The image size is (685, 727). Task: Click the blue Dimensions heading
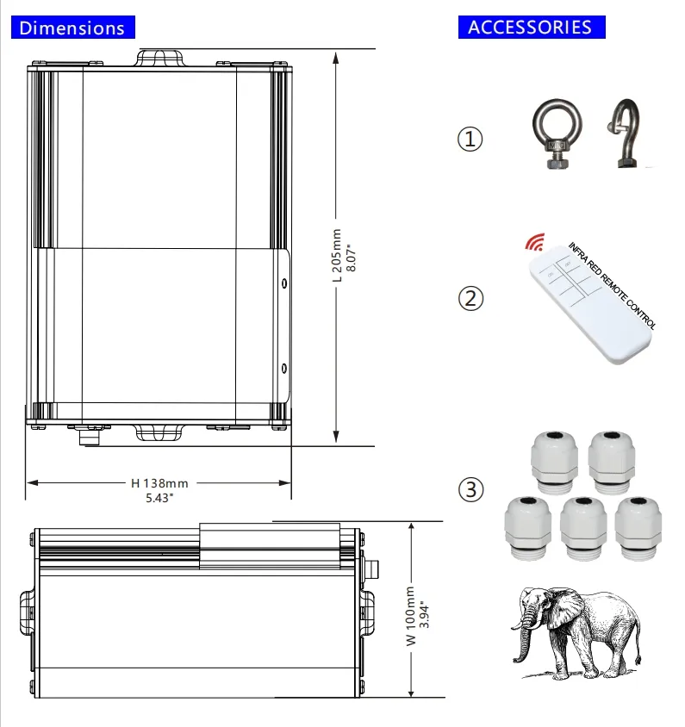tap(73, 28)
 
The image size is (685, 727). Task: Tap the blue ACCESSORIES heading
tap(532, 27)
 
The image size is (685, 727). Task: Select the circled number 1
tap(470, 139)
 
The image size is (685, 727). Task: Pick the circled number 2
tap(470, 298)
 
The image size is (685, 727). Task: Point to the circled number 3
tap(470, 489)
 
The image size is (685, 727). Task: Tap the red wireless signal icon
tap(535, 241)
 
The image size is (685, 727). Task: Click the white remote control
tap(590, 306)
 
